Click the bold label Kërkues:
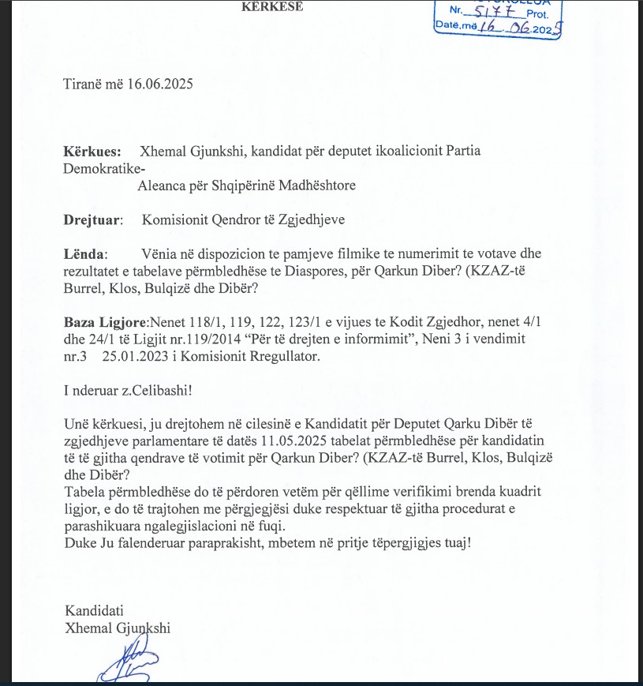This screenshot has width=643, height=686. [92, 151]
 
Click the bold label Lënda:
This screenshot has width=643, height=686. [86, 254]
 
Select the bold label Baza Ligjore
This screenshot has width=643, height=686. [105, 324]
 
